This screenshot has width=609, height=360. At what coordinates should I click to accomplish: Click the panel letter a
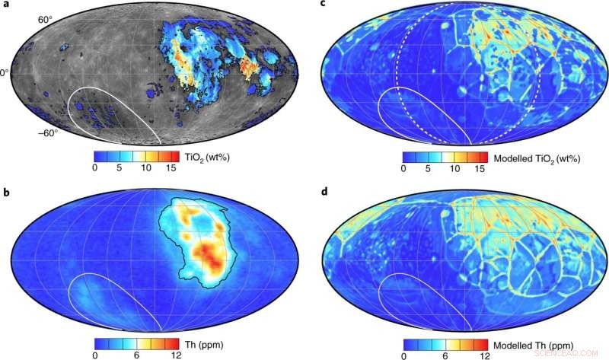[6, 7]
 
